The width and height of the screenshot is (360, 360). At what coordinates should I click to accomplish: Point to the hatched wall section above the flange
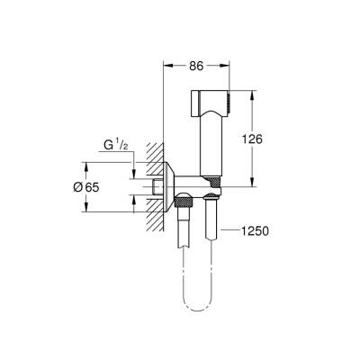(x=157, y=149)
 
